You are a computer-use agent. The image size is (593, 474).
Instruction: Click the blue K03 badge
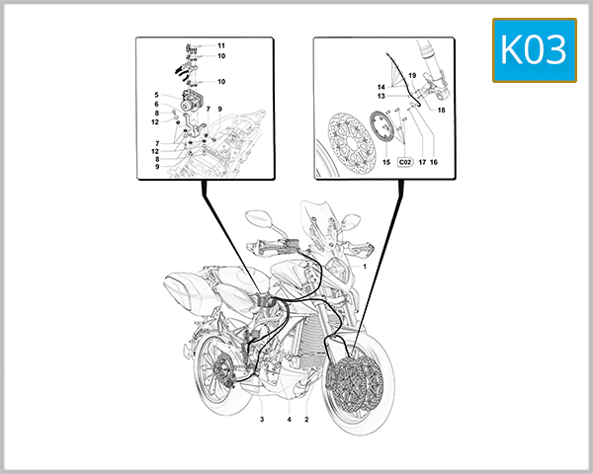coord(534,49)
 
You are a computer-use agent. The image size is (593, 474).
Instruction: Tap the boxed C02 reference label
coord(405,161)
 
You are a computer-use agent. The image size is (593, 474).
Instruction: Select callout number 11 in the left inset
coord(221,45)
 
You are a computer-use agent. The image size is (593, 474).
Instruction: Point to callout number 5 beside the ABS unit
coord(156,95)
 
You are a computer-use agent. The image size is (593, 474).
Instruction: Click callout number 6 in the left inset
coord(156,104)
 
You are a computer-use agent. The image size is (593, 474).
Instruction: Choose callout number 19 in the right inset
coord(412,76)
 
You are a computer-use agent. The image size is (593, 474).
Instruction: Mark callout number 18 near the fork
coord(441,111)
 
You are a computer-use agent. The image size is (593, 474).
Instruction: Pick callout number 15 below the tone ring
coord(386,161)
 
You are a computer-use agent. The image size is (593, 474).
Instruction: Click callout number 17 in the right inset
coord(421,161)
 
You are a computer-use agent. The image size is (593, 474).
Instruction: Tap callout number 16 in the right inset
coord(433,161)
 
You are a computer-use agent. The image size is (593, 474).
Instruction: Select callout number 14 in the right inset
coord(381,88)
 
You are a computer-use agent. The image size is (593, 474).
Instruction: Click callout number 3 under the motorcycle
coord(262,420)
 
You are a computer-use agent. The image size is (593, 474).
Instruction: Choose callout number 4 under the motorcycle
coord(289,420)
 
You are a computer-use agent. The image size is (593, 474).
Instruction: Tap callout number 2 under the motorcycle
coord(306,420)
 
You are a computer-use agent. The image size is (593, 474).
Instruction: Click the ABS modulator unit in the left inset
coord(187,103)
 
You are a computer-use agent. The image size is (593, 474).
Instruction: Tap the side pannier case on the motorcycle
coord(187,290)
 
